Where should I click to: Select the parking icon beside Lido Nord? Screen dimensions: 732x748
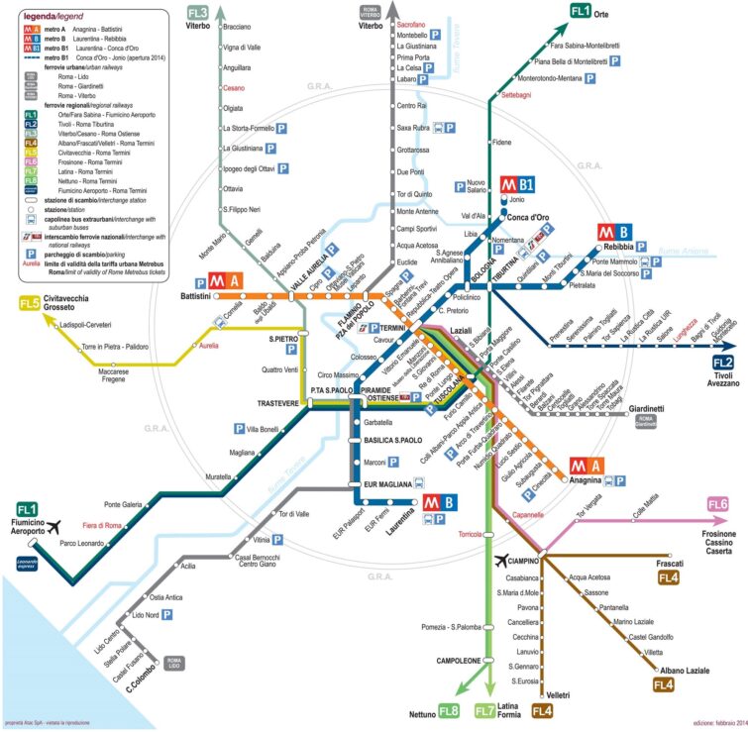click(167, 615)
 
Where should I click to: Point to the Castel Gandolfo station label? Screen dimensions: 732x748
click(652, 636)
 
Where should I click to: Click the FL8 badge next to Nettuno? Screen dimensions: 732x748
click(449, 711)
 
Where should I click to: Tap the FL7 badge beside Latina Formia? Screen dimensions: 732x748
click(485, 711)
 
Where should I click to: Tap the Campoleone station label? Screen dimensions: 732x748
click(458, 660)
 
